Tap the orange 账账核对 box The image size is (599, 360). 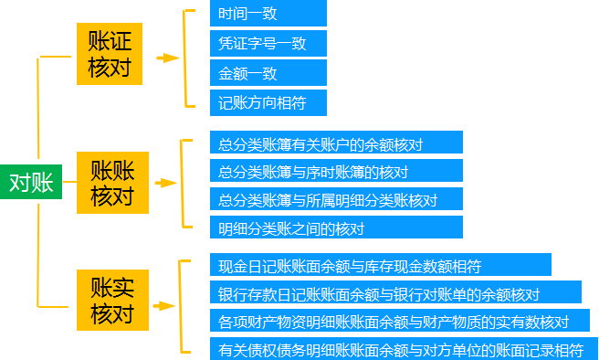(x=112, y=183)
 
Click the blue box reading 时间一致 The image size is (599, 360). (x=268, y=15)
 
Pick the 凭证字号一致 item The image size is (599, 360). (x=268, y=44)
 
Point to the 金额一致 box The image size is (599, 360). (x=268, y=73)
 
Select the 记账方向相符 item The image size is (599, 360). (x=268, y=102)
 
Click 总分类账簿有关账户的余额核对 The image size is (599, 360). (x=336, y=143)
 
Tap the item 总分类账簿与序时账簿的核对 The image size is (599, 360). (x=336, y=171)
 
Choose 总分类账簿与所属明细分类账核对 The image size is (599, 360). (x=336, y=199)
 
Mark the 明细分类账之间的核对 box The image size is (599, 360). (x=336, y=228)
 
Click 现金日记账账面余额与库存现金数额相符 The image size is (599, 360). (x=380, y=265)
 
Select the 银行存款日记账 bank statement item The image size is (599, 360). (x=394, y=293)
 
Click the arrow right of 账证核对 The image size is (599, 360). (x=167, y=58)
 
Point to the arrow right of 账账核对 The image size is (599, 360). (x=167, y=183)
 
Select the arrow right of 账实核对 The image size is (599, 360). (x=165, y=305)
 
